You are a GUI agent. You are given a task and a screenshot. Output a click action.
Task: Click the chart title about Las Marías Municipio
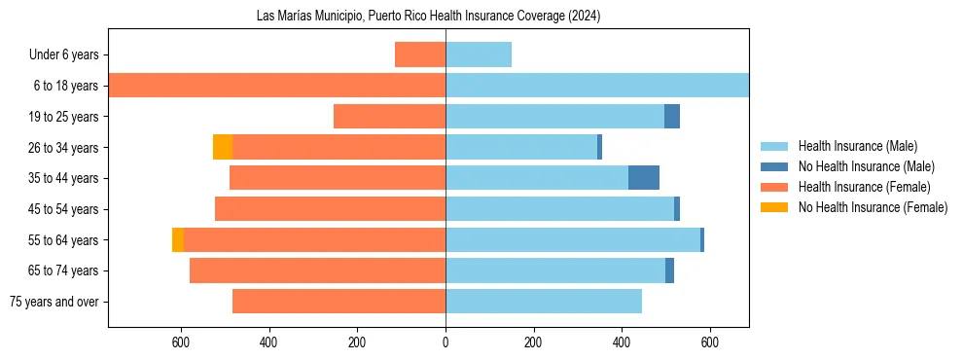coord(428,15)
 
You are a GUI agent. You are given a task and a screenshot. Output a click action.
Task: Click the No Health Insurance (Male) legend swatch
coord(774,166)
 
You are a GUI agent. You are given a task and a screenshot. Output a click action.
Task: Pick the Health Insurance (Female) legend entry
coord(864,187)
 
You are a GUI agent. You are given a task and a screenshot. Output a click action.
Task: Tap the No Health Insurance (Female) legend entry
coord(873,207)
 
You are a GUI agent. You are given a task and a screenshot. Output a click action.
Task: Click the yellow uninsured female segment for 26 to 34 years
coord(223,147)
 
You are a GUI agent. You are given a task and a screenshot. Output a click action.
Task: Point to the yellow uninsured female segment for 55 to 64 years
coord(178,240)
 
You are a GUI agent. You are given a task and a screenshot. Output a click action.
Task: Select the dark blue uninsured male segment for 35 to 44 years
coord(644,178)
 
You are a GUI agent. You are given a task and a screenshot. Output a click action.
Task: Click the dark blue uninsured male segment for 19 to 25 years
coord(672,117)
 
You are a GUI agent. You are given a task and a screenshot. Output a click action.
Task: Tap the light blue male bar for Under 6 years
coord(479,54)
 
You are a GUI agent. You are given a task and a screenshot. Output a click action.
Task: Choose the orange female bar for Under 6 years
coord(420,54)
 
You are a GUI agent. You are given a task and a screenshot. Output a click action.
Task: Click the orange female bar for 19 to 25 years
coord(389,117)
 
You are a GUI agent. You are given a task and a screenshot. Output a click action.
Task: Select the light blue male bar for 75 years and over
coord(544,302)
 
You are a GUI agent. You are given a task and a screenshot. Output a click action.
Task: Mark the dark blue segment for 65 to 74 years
coord(670,270)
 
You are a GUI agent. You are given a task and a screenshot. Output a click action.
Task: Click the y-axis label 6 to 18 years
coord(65,86)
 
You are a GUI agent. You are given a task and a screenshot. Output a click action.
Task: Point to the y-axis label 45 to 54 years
coord(62,209)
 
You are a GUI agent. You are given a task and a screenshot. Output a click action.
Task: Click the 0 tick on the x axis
coord(446,342)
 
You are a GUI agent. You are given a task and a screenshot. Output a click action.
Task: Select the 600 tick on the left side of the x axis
coord(180,342)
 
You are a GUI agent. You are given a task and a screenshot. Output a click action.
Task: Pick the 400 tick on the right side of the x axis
coord(622,342)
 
